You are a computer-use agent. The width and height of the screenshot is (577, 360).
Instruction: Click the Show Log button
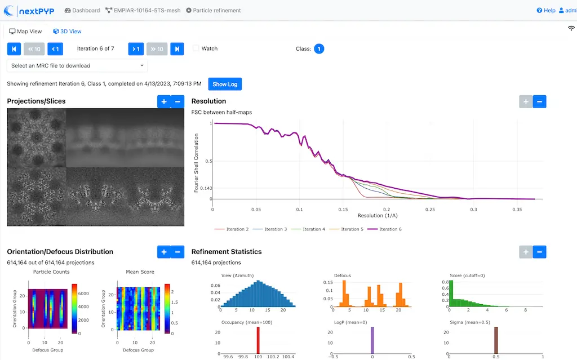pyautogui.click(x=225, y=84)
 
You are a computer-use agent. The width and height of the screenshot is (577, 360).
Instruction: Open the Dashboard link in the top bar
pyautogui.click(x=82, y=10)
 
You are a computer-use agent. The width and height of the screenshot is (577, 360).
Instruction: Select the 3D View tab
pyautogui.click(x=67, y=32)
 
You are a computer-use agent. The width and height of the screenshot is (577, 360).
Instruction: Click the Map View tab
pyautogui.click(x=25, y=32)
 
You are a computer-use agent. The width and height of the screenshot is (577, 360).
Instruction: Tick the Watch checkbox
pyautogui.click(x=196, y=48)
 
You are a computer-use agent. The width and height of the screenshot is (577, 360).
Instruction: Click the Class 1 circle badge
pyautogui.click(x=319, y=49)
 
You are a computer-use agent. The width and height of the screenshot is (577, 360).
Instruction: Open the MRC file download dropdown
pyautogui.click(x=77, y=65)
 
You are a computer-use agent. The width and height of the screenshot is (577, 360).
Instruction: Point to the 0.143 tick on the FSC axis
pyautogui.click(x=206, y=188)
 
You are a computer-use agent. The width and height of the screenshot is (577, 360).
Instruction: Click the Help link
pyautogui.click(x=546, y=10)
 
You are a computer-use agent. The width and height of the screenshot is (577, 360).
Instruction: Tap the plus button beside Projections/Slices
pyautogui.click(x=164, y=101)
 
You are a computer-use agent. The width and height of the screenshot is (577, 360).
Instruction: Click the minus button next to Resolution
pyautogui.click(x=539, y=101)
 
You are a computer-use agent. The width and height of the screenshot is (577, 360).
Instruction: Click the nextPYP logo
pyautogui.click(x=29, y=10)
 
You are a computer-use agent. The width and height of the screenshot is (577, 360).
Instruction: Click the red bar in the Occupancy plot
pyautogui.click(x=258, y=341)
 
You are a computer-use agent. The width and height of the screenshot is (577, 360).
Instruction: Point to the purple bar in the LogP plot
pyautogui.click(x=372, y=341)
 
